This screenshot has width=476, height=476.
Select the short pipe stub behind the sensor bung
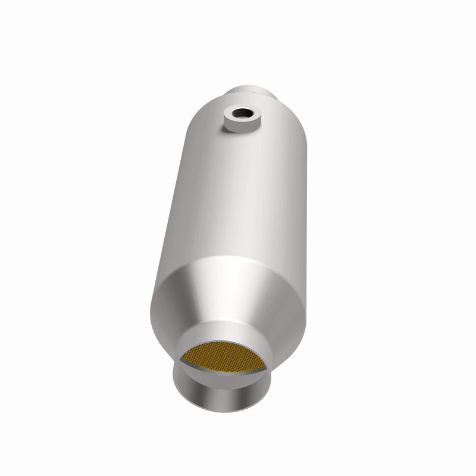[x=253, y=93]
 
